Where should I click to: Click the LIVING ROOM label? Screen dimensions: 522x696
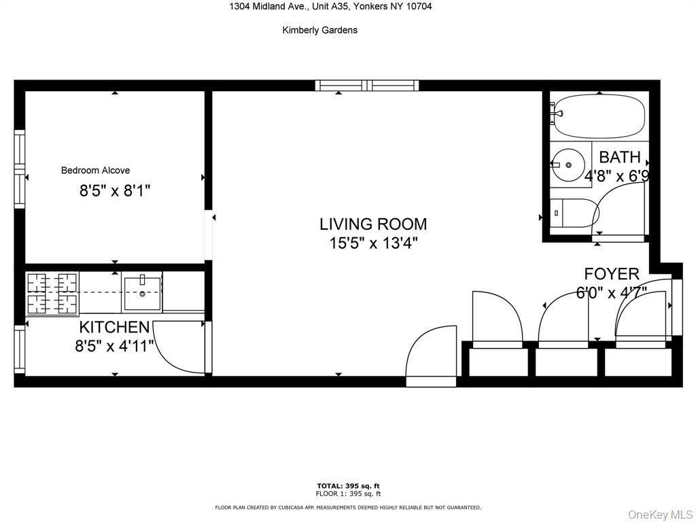click(x=373, y=224)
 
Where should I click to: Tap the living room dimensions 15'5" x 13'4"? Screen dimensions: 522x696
click(x=373, y=243)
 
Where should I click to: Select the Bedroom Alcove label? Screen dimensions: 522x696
click(x=95, y=171)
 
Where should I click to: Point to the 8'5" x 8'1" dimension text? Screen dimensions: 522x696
click(x=115, y=191)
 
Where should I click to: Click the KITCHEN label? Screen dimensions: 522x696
click(x=114, y=328)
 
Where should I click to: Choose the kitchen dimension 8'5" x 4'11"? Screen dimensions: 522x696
click(x=115, y=346)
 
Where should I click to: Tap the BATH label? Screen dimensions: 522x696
click(x=619, y=158)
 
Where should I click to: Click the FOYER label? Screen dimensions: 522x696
click(x=612, y=274)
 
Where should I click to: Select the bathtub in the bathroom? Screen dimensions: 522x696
click(x=597, y=117)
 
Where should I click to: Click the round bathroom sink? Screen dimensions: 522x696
click(x=568, y=165)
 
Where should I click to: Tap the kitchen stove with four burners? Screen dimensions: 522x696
click(x=52, y=292)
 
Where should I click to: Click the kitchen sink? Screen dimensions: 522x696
click(x=142, y=293)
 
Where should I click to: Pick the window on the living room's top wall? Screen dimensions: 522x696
click(x=367, y=86)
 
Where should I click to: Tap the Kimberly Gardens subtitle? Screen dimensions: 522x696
click(x=319, y=30)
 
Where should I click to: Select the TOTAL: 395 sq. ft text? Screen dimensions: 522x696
click(x=348, y=485)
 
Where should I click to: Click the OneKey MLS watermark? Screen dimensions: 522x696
click(x=659, y=514)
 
